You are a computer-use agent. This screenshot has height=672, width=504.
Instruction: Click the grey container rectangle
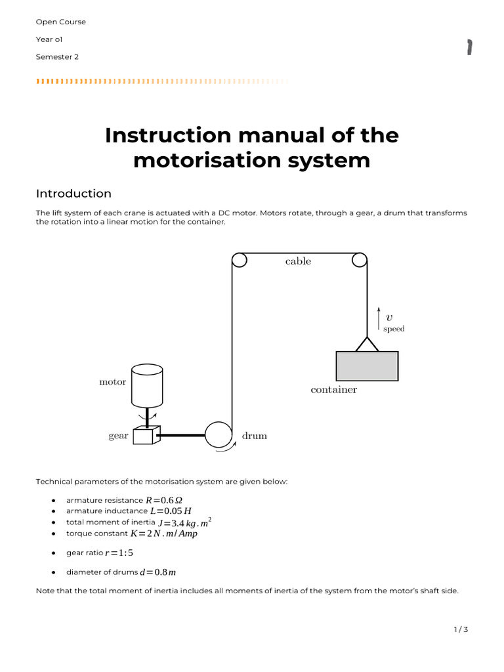coord(367,366)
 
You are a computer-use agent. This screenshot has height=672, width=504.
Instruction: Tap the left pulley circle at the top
coord(239,261)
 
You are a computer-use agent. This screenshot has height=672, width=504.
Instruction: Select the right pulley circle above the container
coord(359,261)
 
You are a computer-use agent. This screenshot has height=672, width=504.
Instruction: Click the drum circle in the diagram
coord(218,434)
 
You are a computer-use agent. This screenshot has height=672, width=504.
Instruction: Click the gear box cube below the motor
coord(143,435)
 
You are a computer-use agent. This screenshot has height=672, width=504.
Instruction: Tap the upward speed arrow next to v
coord(379,318)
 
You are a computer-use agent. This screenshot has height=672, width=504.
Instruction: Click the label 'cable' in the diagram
coord(298,261)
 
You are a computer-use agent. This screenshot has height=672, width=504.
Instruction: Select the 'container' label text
coord(333,390)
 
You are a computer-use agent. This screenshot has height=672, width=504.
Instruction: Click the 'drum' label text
coord(255,436)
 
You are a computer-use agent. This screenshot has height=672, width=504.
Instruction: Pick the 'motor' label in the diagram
coord(112,382)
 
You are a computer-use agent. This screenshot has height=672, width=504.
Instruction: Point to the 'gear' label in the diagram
coord(118,436)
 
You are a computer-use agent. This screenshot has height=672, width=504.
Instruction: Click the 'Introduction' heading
coord(73,194)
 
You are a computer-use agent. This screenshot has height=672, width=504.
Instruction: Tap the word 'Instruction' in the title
coord(167,136)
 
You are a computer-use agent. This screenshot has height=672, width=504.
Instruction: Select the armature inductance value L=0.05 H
coord(171,511)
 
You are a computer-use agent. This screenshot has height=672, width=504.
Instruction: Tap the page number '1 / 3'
coord(461,630)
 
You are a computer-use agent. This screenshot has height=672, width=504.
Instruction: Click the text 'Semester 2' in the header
coord(57,57)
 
